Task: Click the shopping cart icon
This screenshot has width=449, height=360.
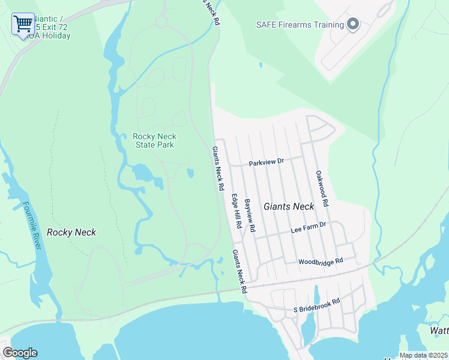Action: [x=23, y=24]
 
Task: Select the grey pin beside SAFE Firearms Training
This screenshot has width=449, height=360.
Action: [x=353, y=25]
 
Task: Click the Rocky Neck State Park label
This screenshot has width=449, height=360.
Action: [x=154, y=140]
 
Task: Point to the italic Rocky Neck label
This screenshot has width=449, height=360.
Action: [x=71, y=232]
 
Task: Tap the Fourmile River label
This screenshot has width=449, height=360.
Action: [x=31, y=226]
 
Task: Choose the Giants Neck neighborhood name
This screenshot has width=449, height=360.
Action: [x=289, y=206]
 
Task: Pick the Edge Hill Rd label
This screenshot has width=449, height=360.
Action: [x=237, y=211]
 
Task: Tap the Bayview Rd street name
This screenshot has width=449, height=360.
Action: [x=250, y=216]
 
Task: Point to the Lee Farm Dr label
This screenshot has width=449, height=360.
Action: [x=307, y=226]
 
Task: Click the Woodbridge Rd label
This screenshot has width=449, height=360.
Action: [x=321, y=262]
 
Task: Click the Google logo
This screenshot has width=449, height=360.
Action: [x=20, y=353]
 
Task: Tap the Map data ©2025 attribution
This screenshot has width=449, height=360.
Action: [x=423, y=355]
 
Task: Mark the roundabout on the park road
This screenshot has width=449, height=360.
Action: [x=161, y=22]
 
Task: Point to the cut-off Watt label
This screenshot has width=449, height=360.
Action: [x=439, y=331]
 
